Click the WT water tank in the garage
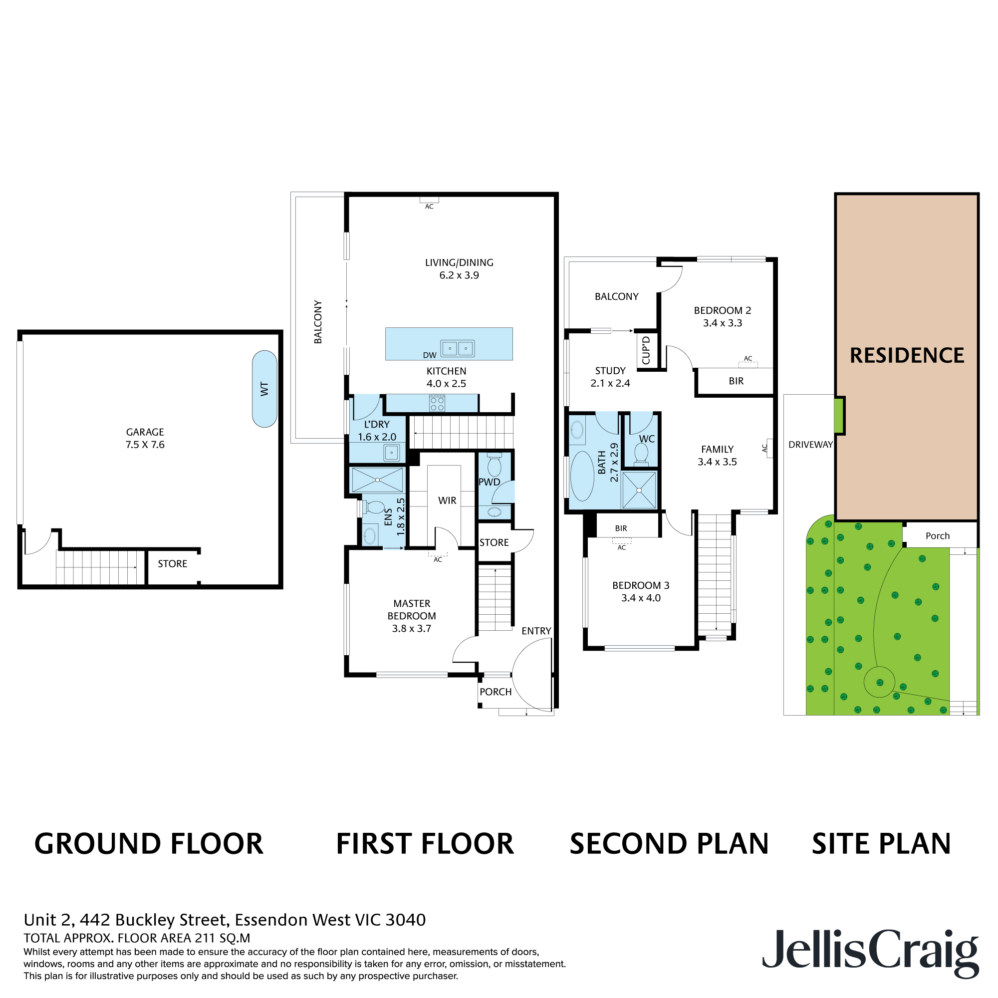[x=264, y=389]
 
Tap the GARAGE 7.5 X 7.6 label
[x=145, y=438]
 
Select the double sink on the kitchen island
[x=457, y=349]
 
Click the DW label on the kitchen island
[x=429, y=355]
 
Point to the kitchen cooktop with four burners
[x=437, y=403]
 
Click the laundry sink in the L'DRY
[x=392, y=453]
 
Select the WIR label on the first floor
[x=447, y=500]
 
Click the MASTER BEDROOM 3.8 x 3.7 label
[x=412, y=616]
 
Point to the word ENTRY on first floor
[x=536, y=631]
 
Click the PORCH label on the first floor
[x=496, y=692]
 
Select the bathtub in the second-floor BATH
[x=582, y=476]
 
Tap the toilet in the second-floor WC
[x=641, y=454]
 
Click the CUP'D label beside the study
[x=646, y=351]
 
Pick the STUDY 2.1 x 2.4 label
[x=610, y=377]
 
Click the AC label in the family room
[x=764, y=449]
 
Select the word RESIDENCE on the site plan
[x=907, y=355]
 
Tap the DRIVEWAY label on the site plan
[x=810, y=444]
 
